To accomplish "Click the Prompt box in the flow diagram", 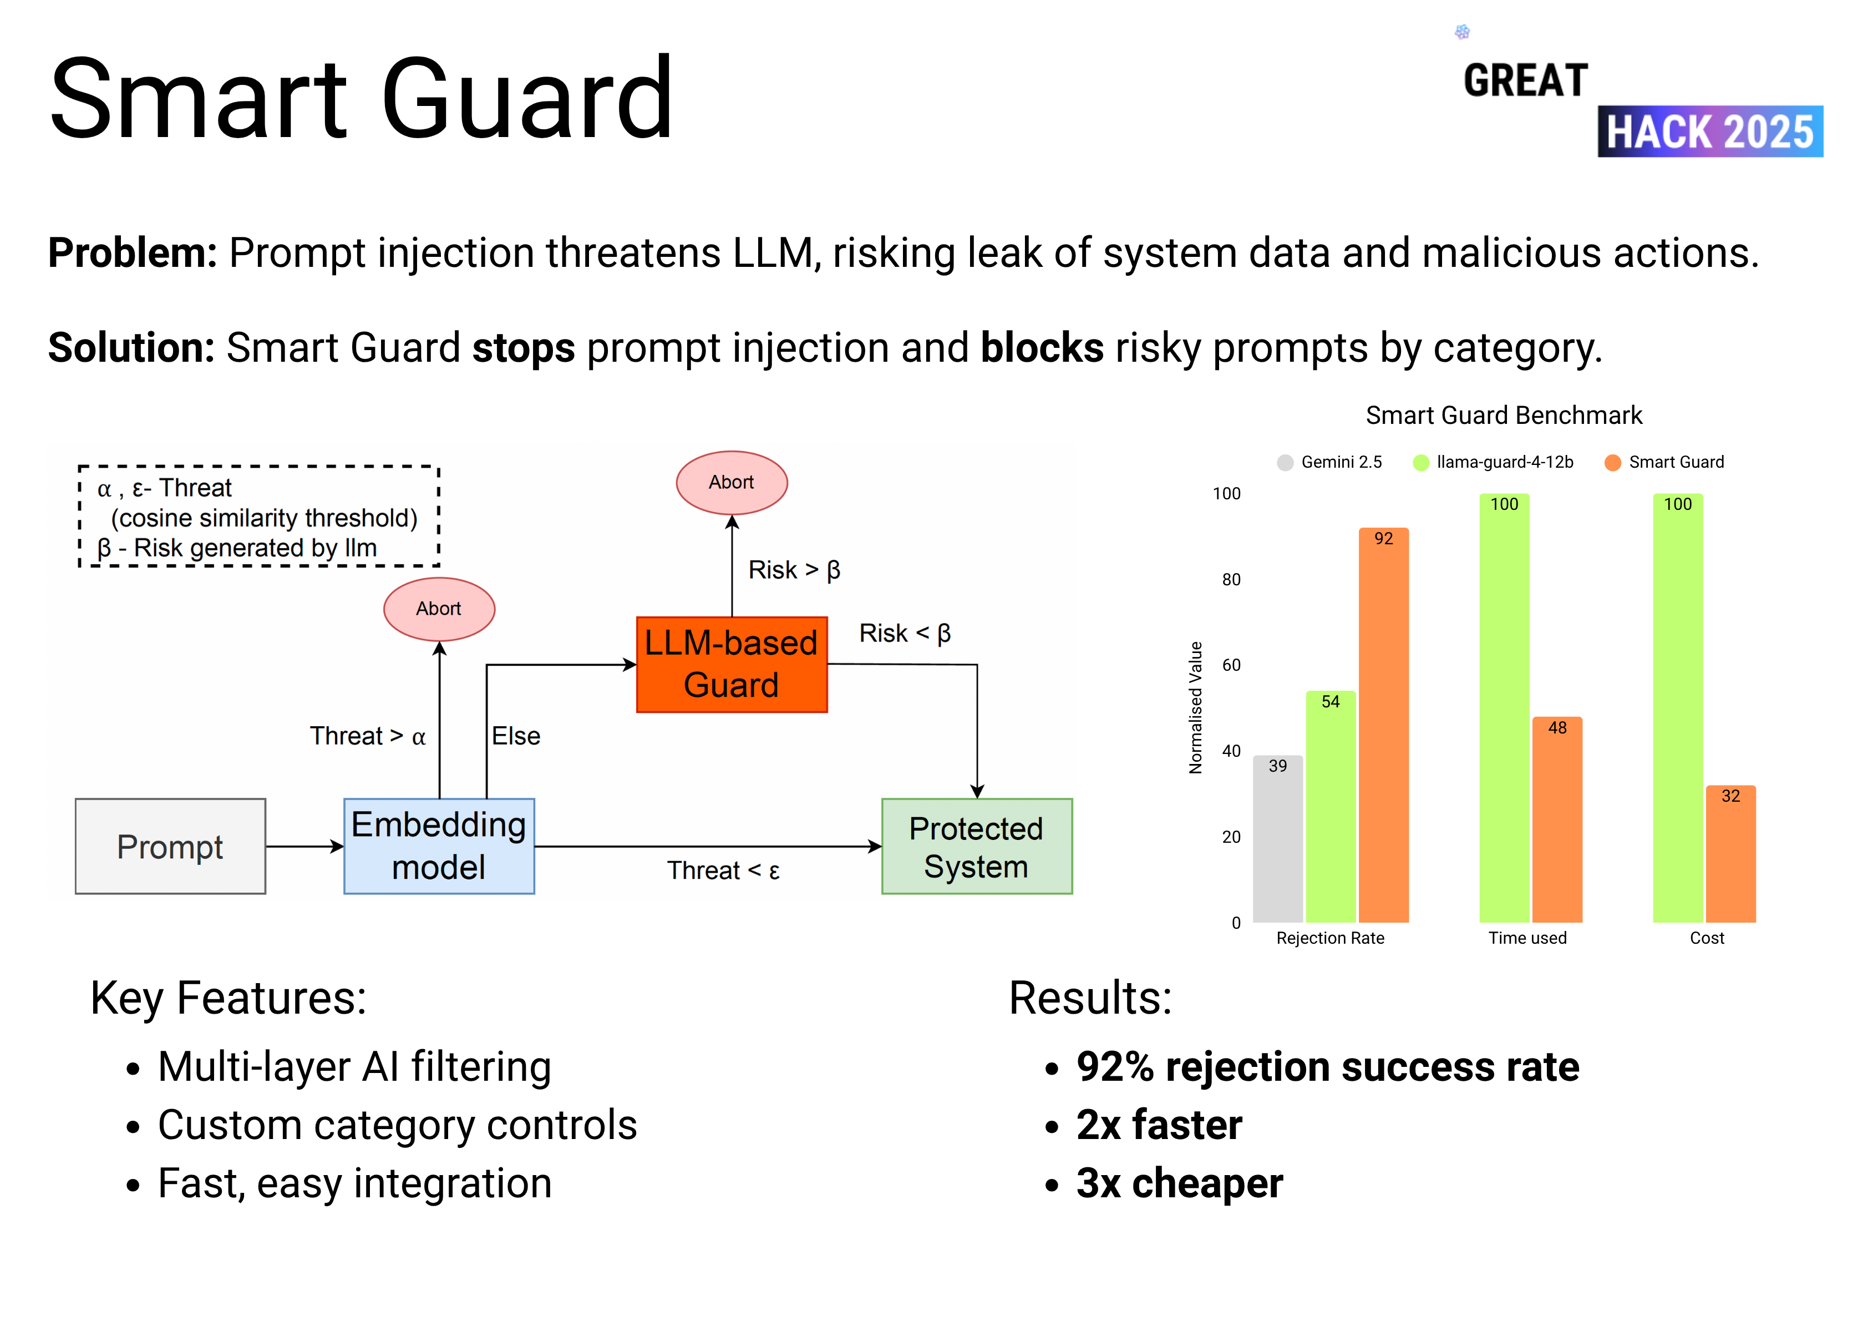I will (x=170, y=847).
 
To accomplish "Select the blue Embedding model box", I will (x=439, y=847).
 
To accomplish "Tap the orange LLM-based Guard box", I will (x=732, y=664).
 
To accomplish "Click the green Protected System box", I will (x=976, y=847).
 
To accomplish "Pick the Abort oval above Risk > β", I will (x=732, y=483).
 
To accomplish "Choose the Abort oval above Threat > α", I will (x=439, y=609).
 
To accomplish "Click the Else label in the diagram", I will (x=516, y=736).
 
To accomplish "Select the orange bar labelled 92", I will (x=1383, y=725).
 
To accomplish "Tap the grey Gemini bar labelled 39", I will (x=1277, y=838).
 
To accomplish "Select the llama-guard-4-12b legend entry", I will (x=1494, y=462).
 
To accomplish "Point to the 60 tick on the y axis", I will (x=1231, y=665).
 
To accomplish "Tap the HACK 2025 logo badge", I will (x=1709, y=132).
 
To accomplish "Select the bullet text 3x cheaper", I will (x=1179, y=1183).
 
